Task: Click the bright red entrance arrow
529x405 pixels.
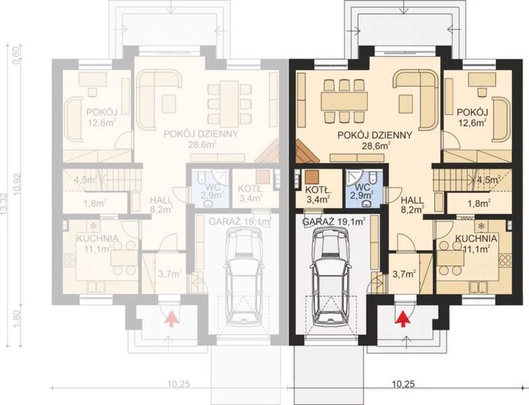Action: (x=403, y=317)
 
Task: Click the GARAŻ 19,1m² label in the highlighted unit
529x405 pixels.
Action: (x=334, y=221)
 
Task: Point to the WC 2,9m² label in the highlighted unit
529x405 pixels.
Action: (x=362, y=190)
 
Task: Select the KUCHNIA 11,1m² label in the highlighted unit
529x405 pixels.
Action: (x=476, y=244)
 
